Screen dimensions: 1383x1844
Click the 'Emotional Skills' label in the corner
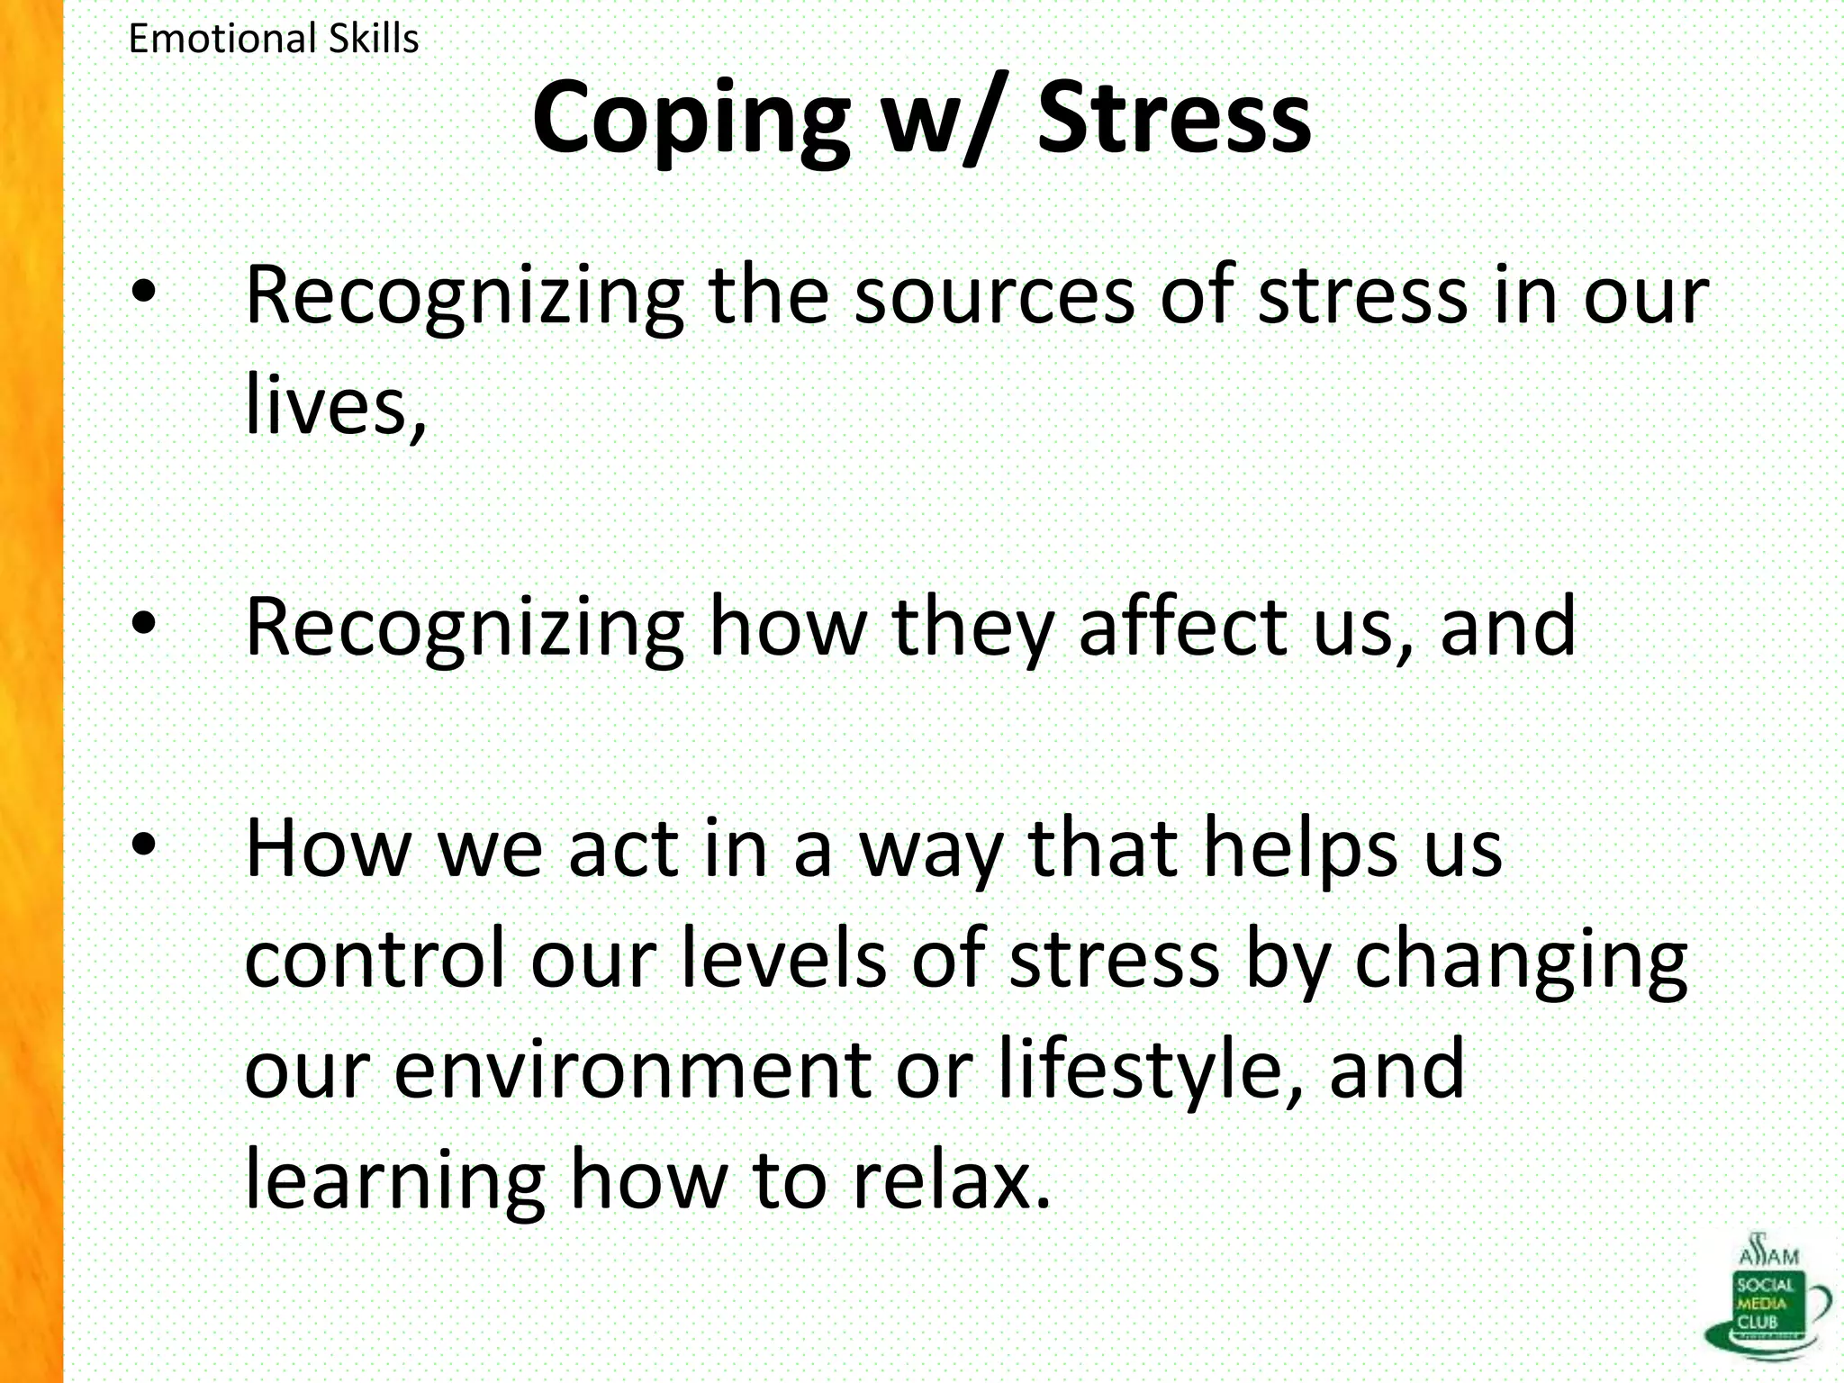tap(274, 39)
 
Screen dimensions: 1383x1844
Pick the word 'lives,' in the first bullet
tap(335, 405)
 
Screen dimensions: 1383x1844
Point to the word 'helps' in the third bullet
tap(1301, 851)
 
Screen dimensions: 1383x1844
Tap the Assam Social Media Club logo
tap(1765, 1297)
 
